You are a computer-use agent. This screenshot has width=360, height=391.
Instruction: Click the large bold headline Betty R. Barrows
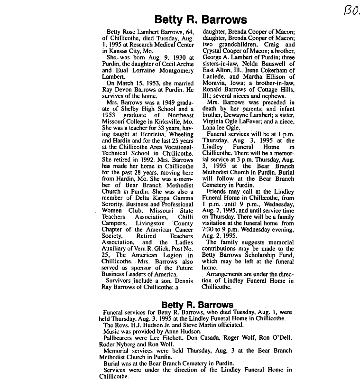pos(201,20)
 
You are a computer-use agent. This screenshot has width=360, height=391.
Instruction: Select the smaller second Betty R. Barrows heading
pos(197,304)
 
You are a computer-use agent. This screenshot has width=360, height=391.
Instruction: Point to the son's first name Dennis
pos(182,280)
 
